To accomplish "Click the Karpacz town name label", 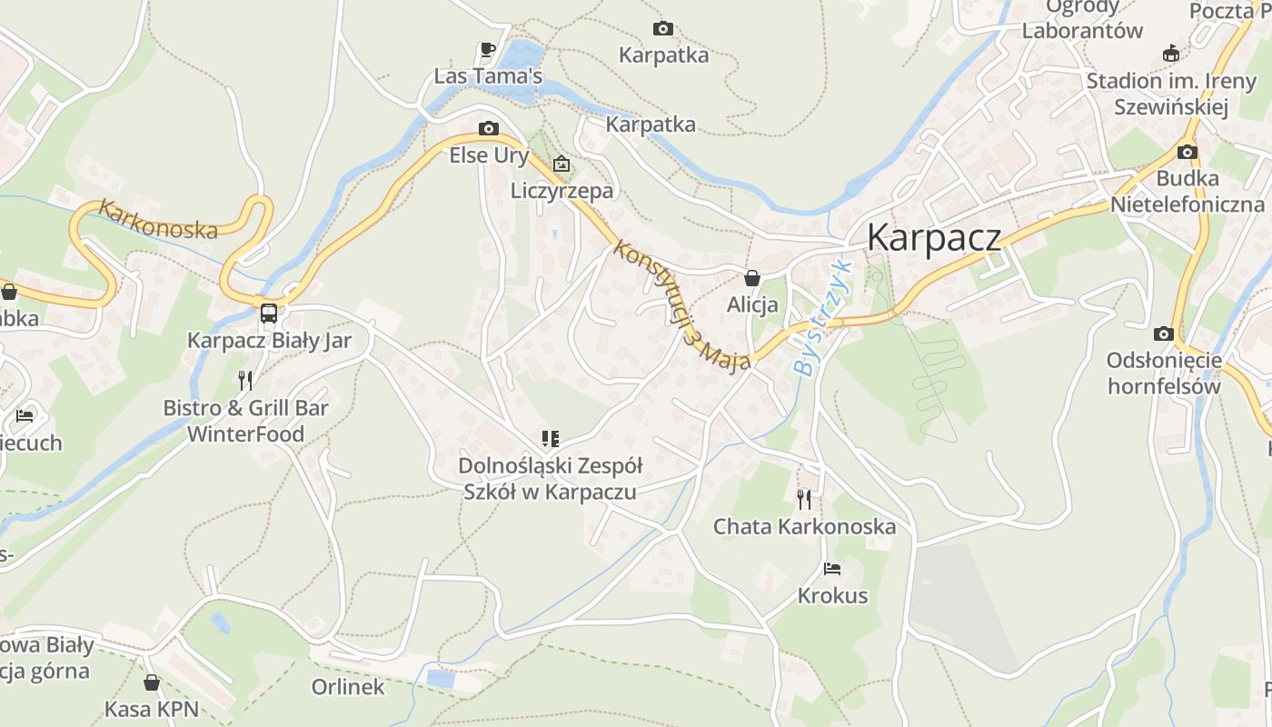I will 934,237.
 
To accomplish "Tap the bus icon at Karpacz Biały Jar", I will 268,314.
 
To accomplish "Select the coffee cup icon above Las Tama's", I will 488,49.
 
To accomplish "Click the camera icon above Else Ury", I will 489,128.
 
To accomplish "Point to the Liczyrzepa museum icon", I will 561,164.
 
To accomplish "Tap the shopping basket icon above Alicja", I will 752,277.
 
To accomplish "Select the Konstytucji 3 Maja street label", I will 681,305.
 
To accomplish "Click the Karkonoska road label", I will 158,220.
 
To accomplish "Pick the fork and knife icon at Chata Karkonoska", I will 804,499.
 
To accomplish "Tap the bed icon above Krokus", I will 832,570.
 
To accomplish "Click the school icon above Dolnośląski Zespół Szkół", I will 550,440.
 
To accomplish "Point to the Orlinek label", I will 348,687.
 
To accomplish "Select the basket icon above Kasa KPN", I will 152,682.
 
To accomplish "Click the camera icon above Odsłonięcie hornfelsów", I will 1163,334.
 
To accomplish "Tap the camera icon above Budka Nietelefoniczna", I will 1188,152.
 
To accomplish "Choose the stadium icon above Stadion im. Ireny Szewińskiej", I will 1171,54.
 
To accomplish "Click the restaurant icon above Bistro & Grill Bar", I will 245,380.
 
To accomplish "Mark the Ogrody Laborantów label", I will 1082,18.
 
